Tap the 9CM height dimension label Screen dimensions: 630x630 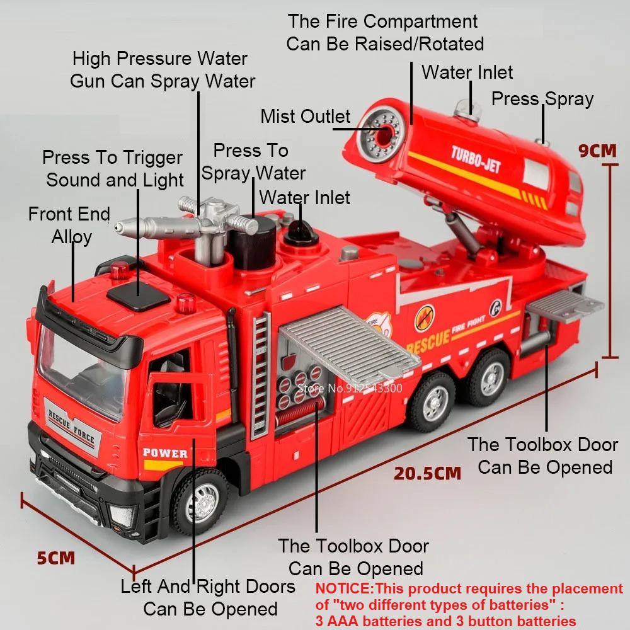(597, 151)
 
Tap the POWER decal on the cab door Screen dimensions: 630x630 (165, 452)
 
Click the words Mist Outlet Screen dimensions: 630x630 (305, 117)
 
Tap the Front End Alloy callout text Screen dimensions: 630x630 (70, 225)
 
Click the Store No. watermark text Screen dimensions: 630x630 (349, 388)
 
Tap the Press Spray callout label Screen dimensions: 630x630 (542, 99)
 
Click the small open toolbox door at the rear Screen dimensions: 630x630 (564, 306)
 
